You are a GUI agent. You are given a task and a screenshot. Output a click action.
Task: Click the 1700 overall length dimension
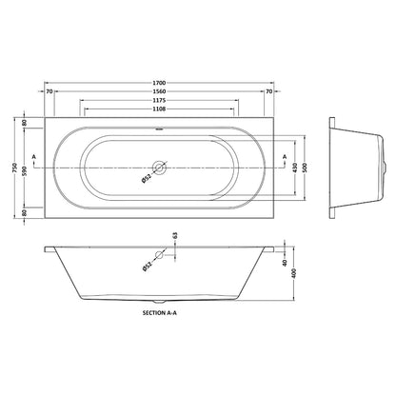[159, 83]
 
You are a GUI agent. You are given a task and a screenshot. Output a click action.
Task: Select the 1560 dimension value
[159, 91]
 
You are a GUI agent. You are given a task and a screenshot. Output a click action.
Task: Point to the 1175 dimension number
[159, 100]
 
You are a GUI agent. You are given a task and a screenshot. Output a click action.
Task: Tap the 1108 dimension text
[159, 109]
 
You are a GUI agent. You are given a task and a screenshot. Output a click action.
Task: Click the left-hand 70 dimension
[49, 91]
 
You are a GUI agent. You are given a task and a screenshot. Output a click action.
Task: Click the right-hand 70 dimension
[268, 91]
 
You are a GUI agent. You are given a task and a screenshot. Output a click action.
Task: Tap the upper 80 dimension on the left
[25, 123]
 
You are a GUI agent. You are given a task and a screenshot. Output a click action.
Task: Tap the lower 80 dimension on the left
[25, 212]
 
